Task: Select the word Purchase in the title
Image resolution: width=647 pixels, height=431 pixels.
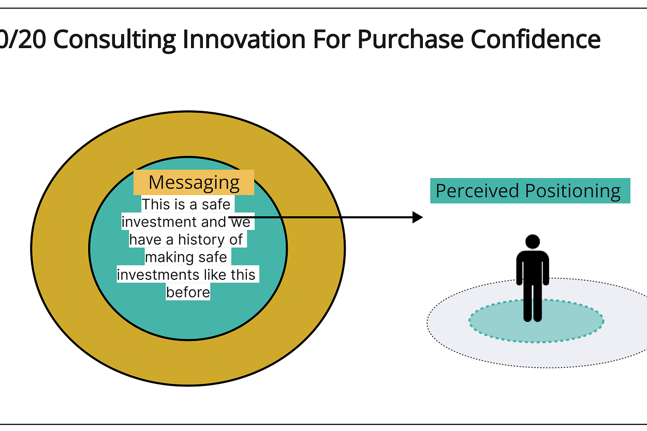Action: point(408,40)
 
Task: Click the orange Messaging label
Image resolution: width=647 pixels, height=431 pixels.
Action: point(194,182)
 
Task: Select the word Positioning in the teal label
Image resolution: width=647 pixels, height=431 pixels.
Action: point(573,191)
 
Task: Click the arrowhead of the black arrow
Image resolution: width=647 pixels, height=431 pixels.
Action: point(418,217)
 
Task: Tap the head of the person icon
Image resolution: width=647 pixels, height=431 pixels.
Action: point(533,242)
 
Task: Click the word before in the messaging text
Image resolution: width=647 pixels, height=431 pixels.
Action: point(188,292)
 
